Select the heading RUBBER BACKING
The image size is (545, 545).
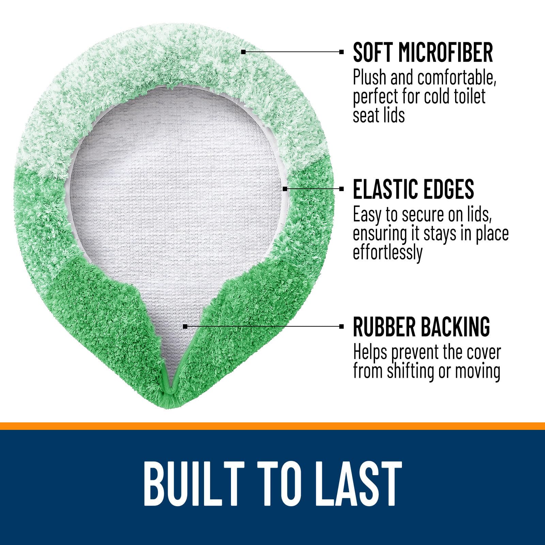pos(421,326)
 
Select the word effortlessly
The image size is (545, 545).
pos(388,253)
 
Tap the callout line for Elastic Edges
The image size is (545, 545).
pos(314,188)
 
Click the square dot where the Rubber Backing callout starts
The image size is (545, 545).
pos(185,326)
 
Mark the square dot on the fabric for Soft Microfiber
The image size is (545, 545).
pos(243,52)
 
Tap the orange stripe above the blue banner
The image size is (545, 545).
pos(272,426)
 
